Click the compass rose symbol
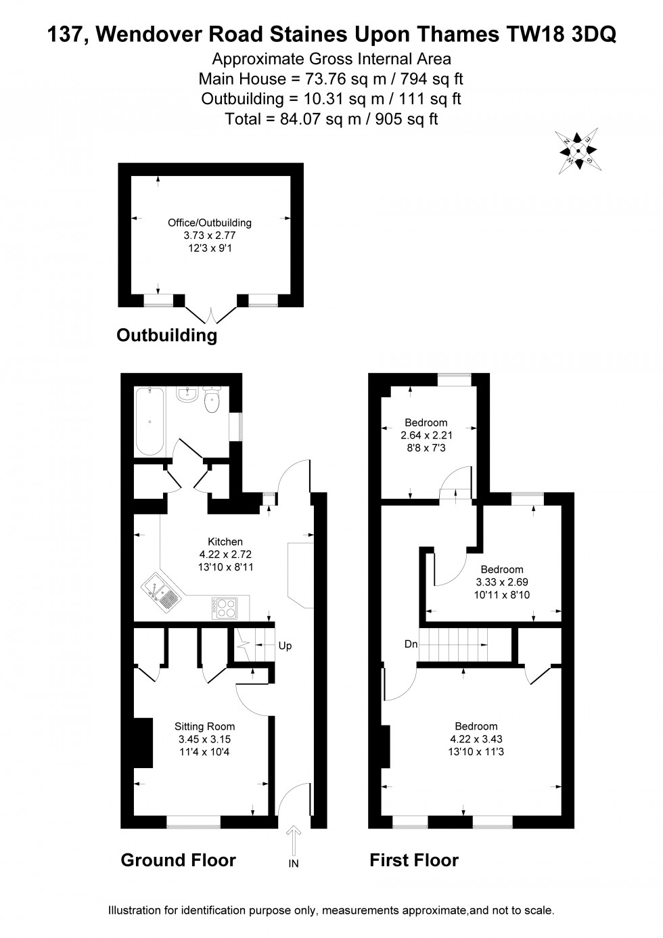tap(577, 151)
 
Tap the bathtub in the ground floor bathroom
tap(149, 421)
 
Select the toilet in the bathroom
tap(212, 399)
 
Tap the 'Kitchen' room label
tap(225, 541)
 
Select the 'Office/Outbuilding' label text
tap(210, 222)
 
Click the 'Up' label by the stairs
tap(285, 646)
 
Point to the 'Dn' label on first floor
tap(411, 644)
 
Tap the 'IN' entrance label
tap(294, 863)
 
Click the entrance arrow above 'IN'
tap(294, 841)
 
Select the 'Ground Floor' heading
tap(178, 860)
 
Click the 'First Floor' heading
tap(413, 860)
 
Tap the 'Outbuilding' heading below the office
tap(167, 335)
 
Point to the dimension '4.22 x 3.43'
tap(476, 739)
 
